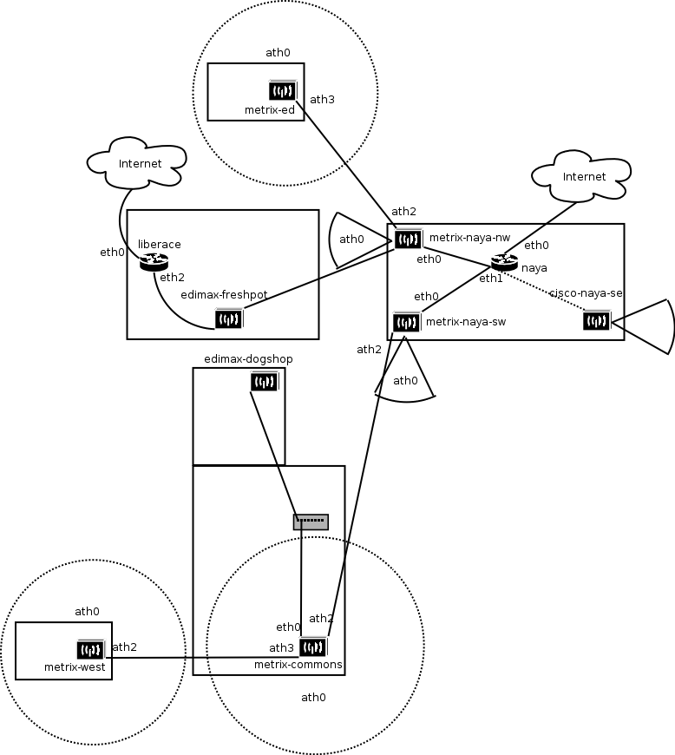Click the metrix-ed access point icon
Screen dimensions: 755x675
283,91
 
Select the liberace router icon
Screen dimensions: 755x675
154,261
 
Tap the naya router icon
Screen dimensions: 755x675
504,261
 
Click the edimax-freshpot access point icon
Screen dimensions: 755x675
228,319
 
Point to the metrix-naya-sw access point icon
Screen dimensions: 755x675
406,323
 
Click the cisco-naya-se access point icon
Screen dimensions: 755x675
597,321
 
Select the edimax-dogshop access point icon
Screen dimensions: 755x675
264,382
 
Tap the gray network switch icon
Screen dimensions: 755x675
311,522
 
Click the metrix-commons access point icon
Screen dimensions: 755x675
312,647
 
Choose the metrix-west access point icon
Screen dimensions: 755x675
90,649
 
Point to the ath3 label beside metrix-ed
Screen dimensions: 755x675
322,100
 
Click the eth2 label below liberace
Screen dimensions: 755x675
172,278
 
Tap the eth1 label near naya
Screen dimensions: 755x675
491,279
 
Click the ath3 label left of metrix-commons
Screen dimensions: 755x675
281,648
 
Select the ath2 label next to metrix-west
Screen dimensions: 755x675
124,647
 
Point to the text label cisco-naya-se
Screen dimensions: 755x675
587,294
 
